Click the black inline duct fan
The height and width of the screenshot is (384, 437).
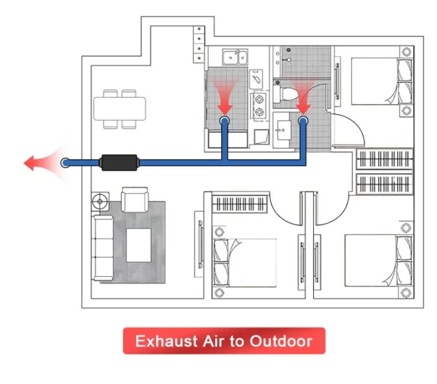(x=120, y=163)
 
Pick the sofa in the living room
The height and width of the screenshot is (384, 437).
(x=104, y=246)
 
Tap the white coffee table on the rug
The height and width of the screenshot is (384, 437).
(x=138, y=244)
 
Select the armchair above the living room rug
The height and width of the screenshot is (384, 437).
(x=132, y=200)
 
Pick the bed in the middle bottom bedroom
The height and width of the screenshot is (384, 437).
(x=245, y=261)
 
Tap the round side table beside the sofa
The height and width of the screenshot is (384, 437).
(x=100, y=201)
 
